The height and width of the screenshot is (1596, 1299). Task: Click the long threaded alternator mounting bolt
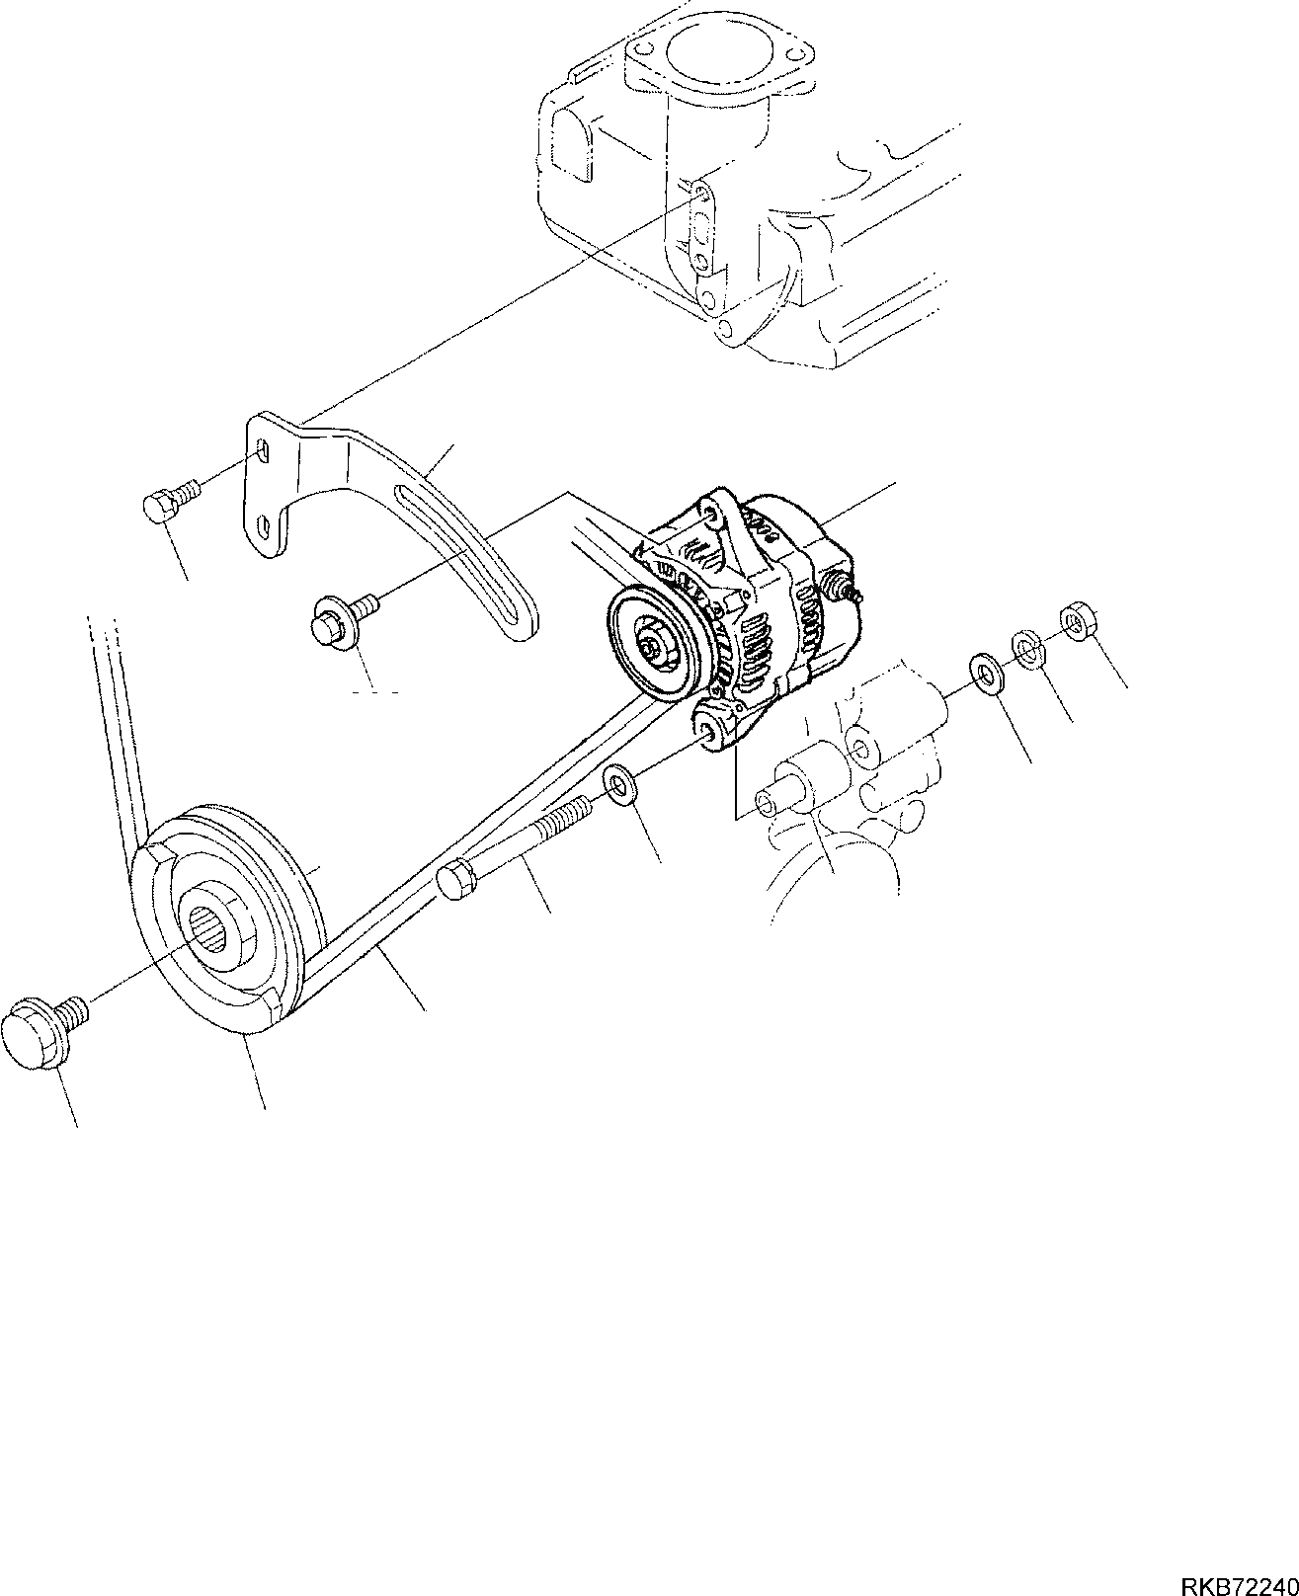(514, 839)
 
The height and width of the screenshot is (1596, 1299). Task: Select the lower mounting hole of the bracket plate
(264, 524)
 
